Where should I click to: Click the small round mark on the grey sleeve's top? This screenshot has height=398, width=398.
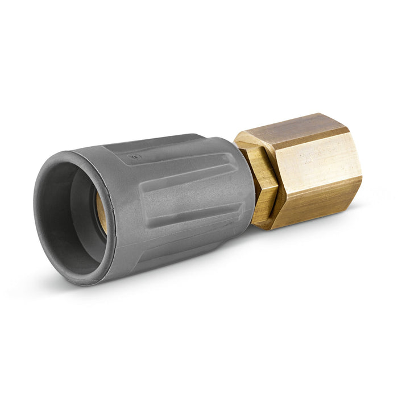pyautogui.click(x=132, y=154)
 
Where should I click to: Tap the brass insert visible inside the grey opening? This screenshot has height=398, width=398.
pyautogui.click(x=101, y=210)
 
